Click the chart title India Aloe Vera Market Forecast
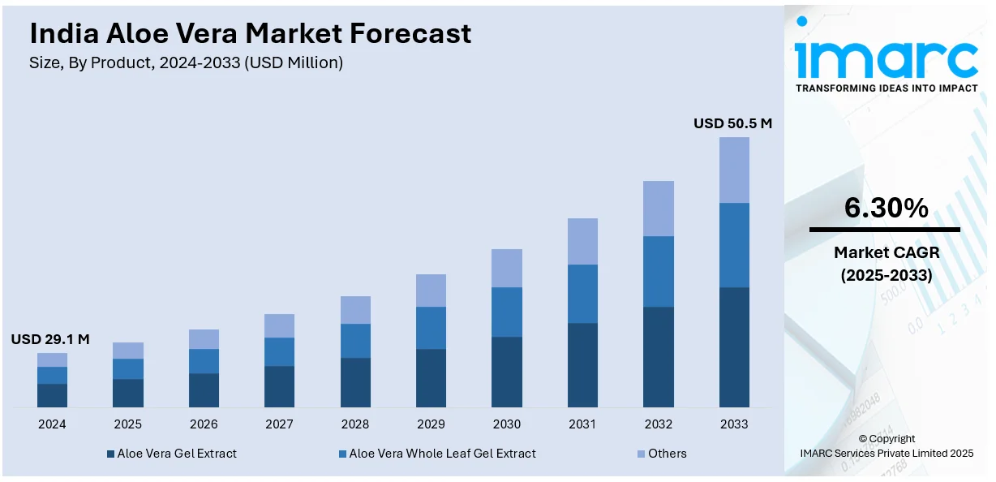point(250,33)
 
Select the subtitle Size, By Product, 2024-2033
point(186,62)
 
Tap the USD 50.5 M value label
point(732,123)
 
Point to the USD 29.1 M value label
point(50,339)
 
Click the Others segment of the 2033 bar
point(734,170)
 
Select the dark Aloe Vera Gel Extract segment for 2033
point(734,346)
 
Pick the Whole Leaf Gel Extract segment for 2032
point(659,271)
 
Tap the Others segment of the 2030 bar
point(507,268)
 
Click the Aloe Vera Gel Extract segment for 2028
point(355,382)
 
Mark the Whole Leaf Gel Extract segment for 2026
point(204,361)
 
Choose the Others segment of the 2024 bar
point(52,359)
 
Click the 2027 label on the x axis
point(280,424)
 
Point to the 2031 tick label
point(582,424)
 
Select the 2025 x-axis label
point(127,424)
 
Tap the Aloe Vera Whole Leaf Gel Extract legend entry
point(437,454)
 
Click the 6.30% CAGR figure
point(886,209)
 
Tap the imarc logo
point(887,58)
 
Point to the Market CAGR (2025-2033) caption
point(886,264)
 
